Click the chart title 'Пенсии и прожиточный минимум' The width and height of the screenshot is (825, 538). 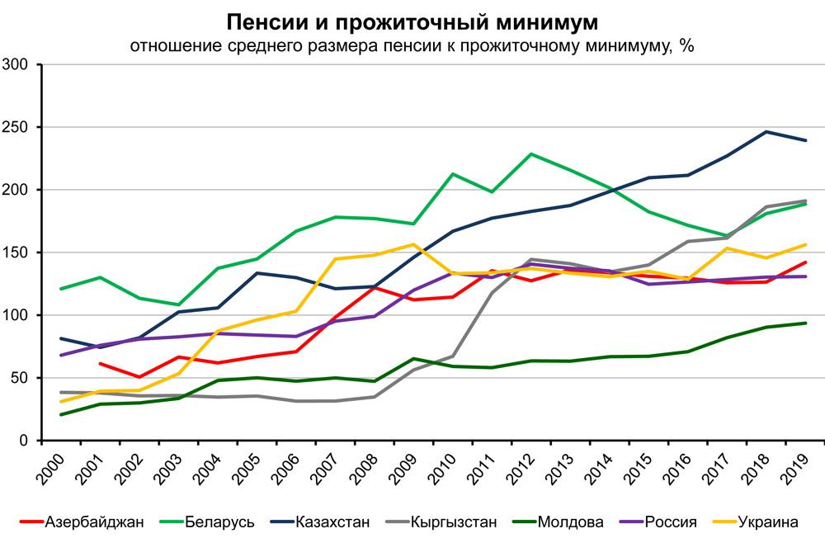pyautogui.click(x=412, y=20)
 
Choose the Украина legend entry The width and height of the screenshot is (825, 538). pyautogui.click(x=768, y=521)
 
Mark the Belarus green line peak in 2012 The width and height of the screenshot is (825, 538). pyautogui.click(x=531, y=153)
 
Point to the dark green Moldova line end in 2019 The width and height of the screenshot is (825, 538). pyautogui.click(x=805, y=323)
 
